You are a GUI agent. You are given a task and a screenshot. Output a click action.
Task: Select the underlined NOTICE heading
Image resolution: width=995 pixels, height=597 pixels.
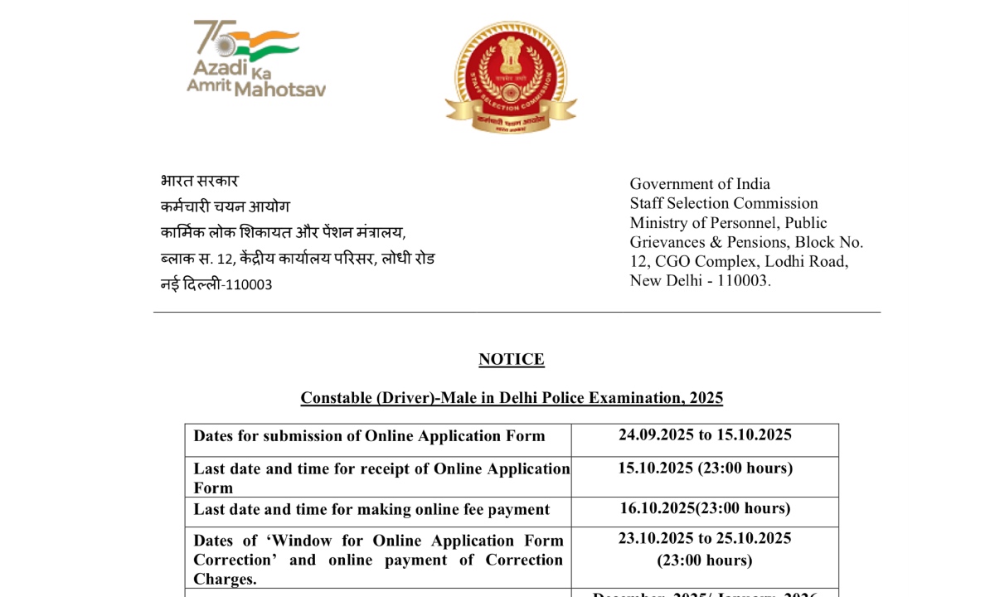[511, 359]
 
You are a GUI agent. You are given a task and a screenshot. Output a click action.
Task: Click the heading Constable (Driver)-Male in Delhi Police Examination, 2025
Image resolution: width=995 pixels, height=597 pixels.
[512, 398]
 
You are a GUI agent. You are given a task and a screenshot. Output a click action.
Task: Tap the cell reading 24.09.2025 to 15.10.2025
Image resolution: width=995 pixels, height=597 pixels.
[705, 435]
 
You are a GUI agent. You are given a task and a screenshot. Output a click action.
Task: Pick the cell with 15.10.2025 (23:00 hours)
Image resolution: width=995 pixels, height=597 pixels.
[705, 468]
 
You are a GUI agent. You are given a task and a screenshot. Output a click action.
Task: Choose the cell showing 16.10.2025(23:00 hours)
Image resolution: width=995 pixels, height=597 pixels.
[705, 508]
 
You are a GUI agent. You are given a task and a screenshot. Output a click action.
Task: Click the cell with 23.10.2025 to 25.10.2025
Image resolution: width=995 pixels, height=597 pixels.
[705, 539]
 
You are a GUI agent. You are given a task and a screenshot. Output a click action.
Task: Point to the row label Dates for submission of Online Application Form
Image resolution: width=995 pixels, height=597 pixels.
[369, 436]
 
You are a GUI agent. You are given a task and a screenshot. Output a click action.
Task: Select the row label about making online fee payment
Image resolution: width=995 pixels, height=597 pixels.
[371, 509]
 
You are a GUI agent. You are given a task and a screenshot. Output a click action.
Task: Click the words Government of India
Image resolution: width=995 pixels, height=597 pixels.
[700, 184]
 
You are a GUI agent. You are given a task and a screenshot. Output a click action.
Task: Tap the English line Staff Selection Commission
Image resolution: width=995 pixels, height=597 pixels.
[723, 203]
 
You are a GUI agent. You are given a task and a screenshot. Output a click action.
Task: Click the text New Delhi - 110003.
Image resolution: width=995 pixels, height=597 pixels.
[700, 280]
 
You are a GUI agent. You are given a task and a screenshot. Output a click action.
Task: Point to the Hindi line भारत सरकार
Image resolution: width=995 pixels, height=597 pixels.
[199, 181]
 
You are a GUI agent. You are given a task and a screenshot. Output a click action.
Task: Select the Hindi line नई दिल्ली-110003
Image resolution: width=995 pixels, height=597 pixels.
[216, 284]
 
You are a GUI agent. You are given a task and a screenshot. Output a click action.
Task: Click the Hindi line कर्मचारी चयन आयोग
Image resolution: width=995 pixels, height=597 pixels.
[225, 206]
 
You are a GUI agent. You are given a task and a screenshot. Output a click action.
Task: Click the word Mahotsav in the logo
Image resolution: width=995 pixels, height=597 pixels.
[279, 88]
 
